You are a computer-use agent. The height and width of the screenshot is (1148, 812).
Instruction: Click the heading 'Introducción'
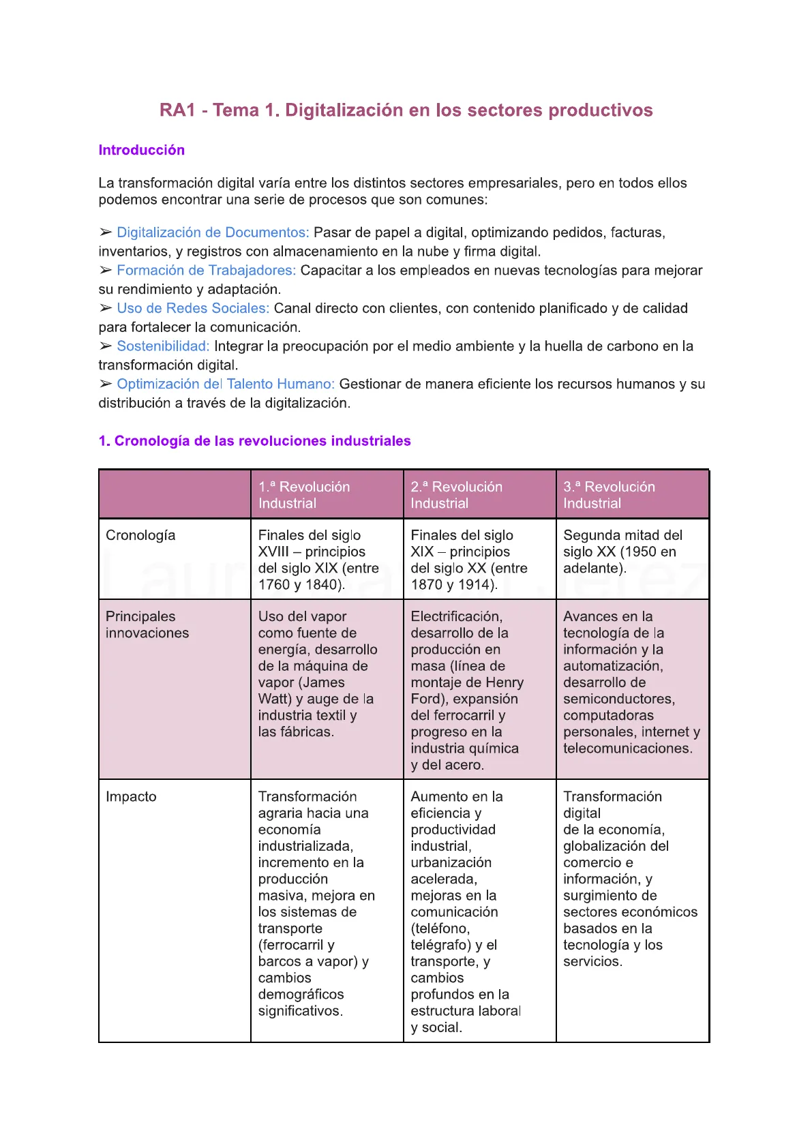coord(141,150)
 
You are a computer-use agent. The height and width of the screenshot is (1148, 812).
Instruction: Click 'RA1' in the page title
coord(177,110)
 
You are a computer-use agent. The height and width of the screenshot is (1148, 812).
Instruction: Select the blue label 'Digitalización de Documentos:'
coord(213,232)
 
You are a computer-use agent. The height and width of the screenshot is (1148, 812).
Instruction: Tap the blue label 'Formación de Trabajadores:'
coord(206,271)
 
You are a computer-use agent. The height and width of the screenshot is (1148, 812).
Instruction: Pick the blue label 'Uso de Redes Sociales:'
coord(193,308)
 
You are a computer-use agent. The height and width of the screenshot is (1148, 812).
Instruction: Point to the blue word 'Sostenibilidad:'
coord(163,346)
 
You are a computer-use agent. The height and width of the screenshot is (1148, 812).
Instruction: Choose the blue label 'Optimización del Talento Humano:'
coord(226,384)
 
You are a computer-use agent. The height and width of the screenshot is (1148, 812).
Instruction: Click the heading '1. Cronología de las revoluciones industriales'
coord(254,441)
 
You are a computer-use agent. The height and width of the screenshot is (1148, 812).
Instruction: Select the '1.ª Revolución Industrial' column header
coord(304,495)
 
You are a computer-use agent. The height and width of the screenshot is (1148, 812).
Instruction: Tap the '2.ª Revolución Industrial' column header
coord(456,495)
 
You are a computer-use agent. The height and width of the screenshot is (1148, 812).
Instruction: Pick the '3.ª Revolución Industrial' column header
coord(609,495)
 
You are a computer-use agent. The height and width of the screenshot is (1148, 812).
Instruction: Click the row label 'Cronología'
coord(140,536)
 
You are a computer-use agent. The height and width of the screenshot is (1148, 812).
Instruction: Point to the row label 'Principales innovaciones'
coord(147,624)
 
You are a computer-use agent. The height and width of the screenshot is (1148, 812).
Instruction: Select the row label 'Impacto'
coord(131,797)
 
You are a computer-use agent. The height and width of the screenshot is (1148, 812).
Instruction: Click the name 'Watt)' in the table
coord(274,699)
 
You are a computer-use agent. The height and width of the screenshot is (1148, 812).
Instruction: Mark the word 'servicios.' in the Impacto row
coord(592,962)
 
